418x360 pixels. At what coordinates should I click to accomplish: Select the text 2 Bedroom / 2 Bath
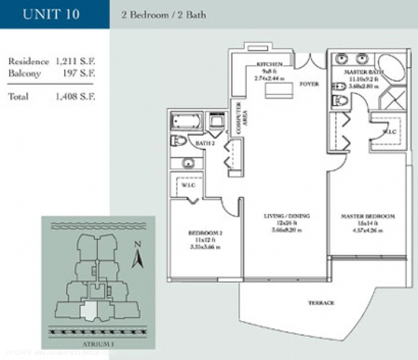[x=163, y=14]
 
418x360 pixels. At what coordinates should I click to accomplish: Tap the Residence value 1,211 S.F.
[x=75, y=61]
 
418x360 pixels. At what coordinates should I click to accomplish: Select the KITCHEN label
[x=268, y=64]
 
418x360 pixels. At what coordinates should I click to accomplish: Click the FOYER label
[x=309, y=84]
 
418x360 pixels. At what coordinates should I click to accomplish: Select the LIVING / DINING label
[x=285, y=215]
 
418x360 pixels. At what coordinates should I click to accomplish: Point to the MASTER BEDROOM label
[x=368, y=215]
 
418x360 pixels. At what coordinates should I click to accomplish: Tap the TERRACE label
[x=321, y=303]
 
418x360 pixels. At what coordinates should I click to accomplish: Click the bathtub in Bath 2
[x=187, y=122]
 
